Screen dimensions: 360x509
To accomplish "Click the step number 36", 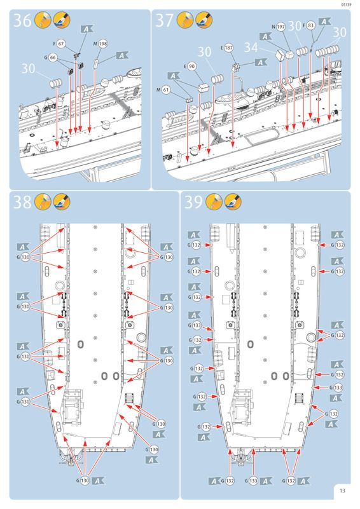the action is click(x=22, y=21).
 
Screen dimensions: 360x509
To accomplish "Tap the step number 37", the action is click(x=165, y=21).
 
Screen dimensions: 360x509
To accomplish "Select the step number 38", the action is click(x=22, y=202).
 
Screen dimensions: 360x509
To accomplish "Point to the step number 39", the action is click(x=193, y=202).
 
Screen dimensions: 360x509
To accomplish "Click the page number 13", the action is click(x=342, y=491).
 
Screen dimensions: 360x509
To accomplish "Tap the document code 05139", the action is click(x=347, y=4).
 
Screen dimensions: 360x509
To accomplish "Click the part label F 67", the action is click(x=59, y=43).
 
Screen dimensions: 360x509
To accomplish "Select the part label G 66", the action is click(x=50, y=58).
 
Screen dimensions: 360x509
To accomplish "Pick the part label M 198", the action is click(x=100, y=44).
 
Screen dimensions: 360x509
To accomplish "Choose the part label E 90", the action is click(x=190, y=67).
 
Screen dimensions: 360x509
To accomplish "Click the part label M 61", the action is click(x=163, y=90).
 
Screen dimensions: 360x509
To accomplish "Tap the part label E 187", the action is click(x=227, y=48).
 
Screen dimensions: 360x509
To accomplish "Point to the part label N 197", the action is click(x=279, y=27).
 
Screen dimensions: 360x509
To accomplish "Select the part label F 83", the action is click(x=308, y=25).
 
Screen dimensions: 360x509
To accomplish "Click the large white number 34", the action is click(x=251, y=48).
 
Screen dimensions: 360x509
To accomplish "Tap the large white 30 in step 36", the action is click(x=28, y=69).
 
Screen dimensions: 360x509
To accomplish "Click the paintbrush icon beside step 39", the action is click(x=233, y=201).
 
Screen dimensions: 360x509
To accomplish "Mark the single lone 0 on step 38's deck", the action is click(x=80, y=344).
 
